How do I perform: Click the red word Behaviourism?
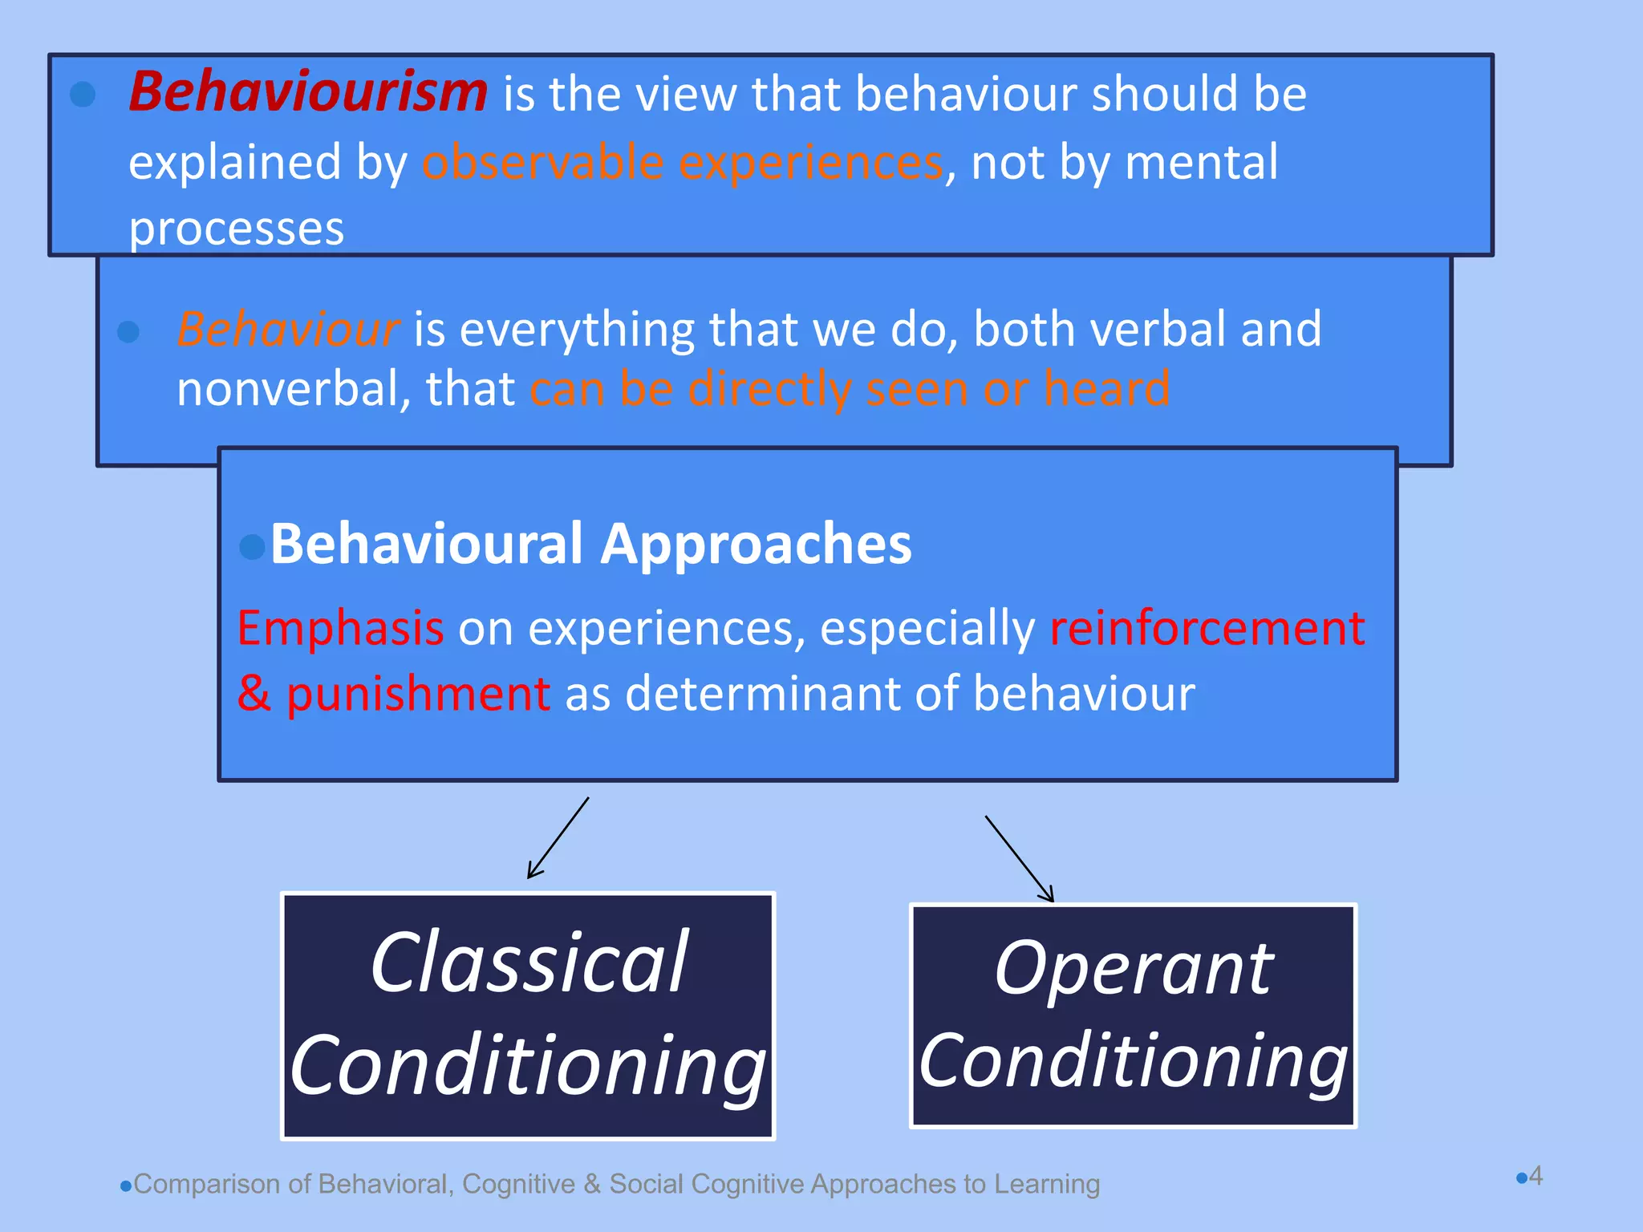pos(308,92)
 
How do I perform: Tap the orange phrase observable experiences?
pos(683,163)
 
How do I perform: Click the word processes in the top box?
pos(237,229)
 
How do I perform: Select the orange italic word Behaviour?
pos(287,330)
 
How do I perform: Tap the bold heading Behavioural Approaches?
pos(590,545)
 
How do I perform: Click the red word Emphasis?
pos(340,628)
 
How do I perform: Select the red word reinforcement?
pos(1207,628)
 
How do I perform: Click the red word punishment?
pos(418,695)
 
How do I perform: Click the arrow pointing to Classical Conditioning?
pos(558,837)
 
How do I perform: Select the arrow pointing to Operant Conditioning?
pos(1019,858)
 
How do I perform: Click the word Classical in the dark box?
pos(529,962)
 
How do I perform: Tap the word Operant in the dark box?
pos(1133,969)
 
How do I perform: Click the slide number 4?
pos(1535,1176)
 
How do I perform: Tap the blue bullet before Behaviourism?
pos(83,95)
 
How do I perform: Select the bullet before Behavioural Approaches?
pos(252,547)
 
